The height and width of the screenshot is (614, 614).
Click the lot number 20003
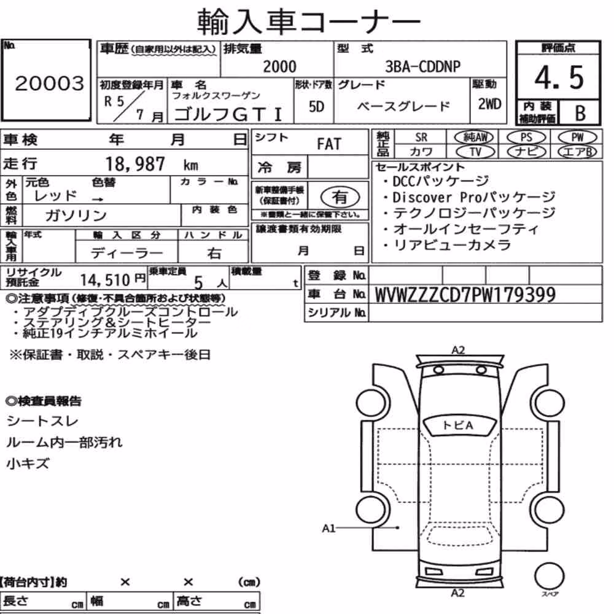coord(50,83)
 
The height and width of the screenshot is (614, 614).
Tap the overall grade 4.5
coord(559,77)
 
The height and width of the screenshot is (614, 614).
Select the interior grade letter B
coord(580,113)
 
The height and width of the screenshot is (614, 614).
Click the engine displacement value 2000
coord(279,66)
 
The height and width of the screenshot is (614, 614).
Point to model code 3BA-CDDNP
coord(423,66)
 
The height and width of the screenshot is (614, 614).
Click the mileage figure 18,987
coord(135,164)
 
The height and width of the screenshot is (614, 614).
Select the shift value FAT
coord(329,144)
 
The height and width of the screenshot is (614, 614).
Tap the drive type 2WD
coord(489,104)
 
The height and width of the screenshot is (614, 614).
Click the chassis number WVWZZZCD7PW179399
coord(465,295)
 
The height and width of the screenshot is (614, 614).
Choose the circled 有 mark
coord(340,197)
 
